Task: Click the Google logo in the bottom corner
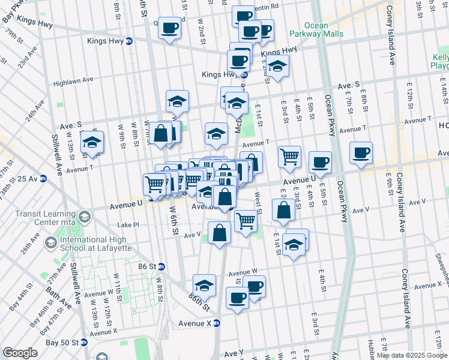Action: (20, 353)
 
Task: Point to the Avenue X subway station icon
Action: (217, 323)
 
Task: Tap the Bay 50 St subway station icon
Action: (84, 343)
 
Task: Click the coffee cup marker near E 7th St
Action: (361, 153)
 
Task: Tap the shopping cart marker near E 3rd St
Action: (289, 157)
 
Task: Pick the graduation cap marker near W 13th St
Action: (92, 142)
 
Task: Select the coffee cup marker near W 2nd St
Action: (170, 27)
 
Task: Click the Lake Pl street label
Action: (128, 225)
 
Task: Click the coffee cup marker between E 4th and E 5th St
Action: (321, 162)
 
